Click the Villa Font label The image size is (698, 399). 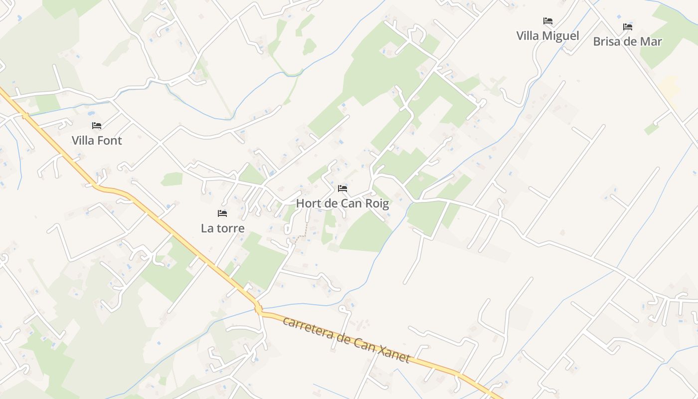pyautogui.click(x=97, y=141)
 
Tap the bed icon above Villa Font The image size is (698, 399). pyautogui.click(x=97, y=126)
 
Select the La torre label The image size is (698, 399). pyautogui.click(x=223, y=228)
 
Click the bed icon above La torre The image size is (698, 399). pyautogui.click(x=222, y=213)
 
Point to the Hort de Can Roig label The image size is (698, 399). pyautogui.click(x=343, y=203)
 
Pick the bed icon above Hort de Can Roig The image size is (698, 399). pyautogui.click(x=343, y=189)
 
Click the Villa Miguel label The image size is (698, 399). pyautogui.click(x=547, y=36)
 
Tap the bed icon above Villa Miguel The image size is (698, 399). pyautogui.click(x=548, y=21)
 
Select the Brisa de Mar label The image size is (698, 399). pyautogui.click(x=627, y=41)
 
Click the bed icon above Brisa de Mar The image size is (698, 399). pyautogui.click(x=628, y=26)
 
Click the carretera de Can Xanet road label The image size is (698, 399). pyautogui.click(x=347, y=339)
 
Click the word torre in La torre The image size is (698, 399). pyautogui.click(x=230, y=228)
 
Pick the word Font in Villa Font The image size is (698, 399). pyautogui.click(x=110, y=141)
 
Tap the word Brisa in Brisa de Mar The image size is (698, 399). pyautogui.click(x=608, y=41)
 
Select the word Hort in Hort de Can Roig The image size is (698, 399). pyautogui.click(x=308, y=203)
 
